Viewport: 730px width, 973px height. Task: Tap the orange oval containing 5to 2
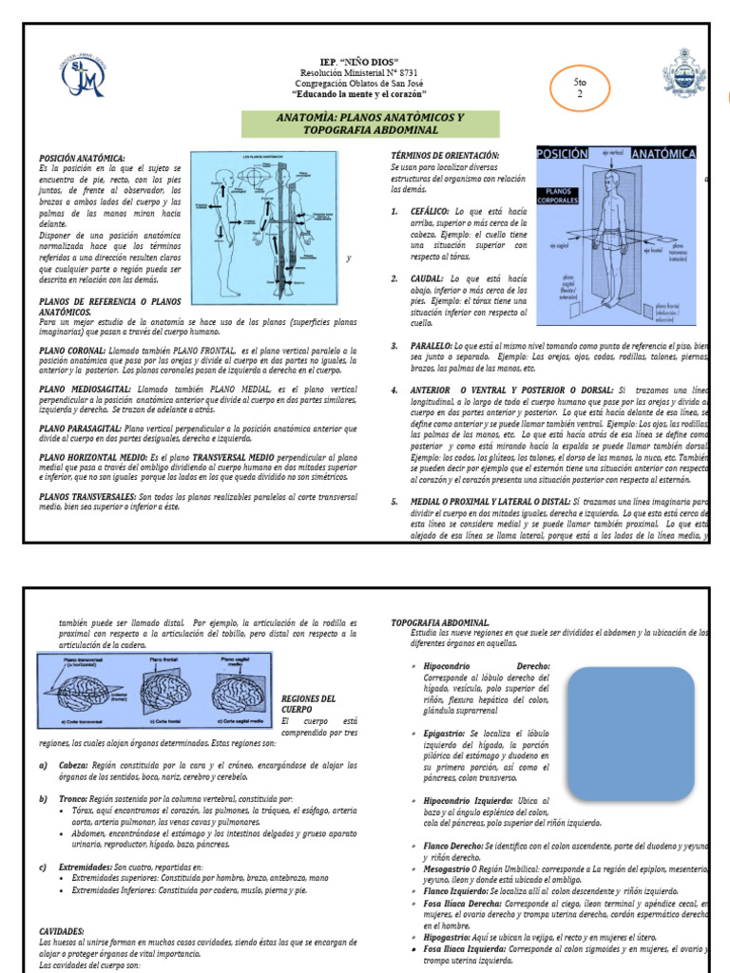(578, 87)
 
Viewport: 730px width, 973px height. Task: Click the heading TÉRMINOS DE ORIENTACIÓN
(445, 155)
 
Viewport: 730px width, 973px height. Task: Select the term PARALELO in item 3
(432, 347)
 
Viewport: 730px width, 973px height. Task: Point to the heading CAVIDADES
(62, 931)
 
